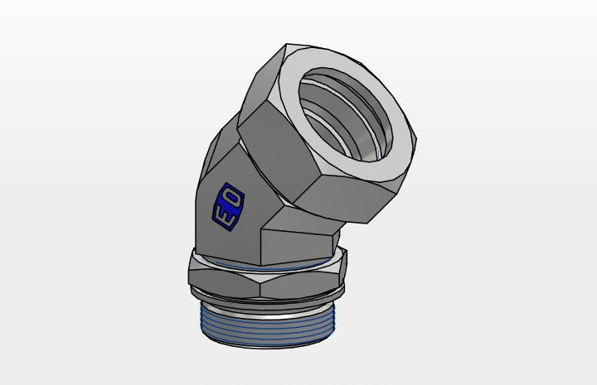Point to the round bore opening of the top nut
pyautogui.click(x=345, y=114)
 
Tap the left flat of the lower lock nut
pyautogui.click(x=223, y=282)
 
